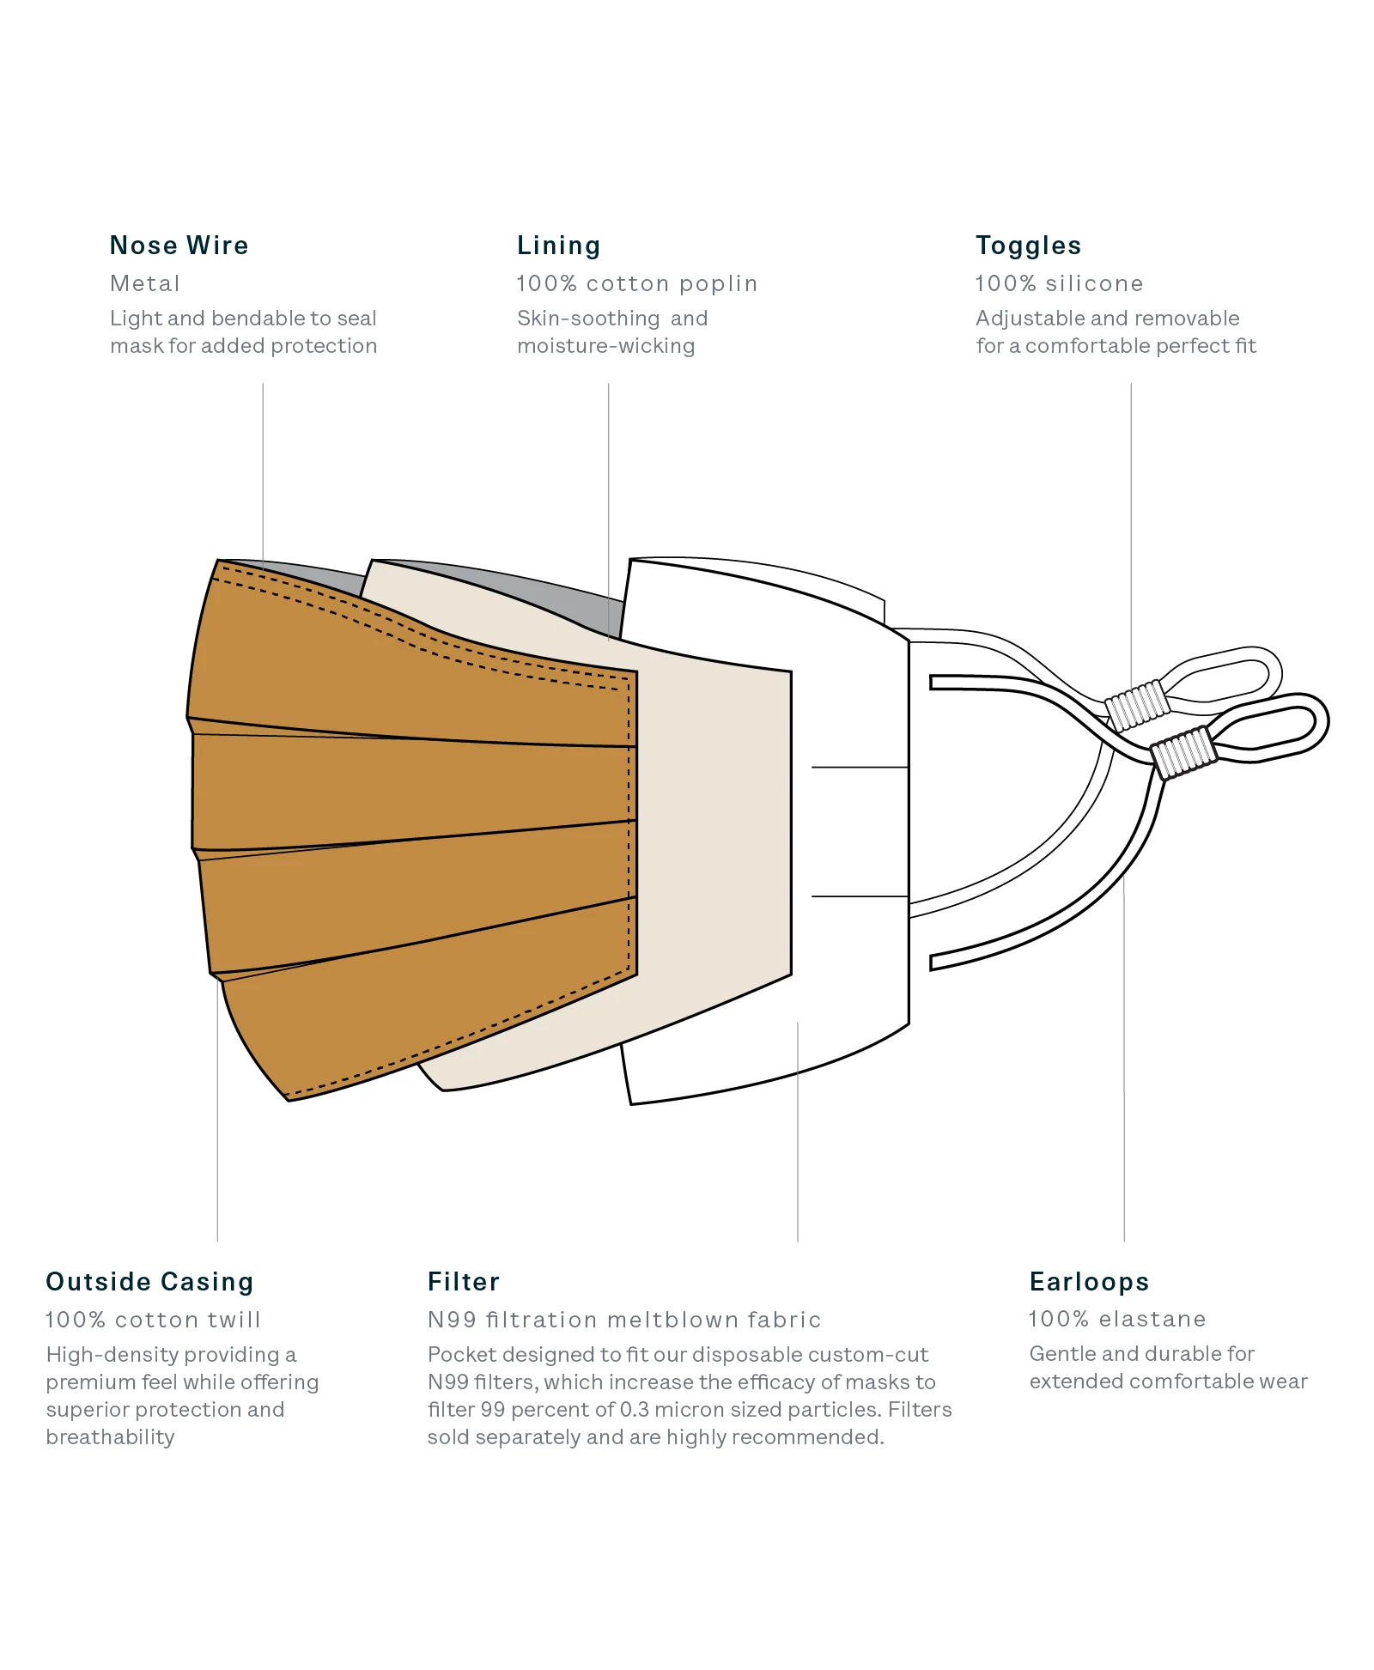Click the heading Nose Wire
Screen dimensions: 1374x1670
(x=179, y=246)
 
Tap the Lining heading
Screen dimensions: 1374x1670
(x=558, y=246)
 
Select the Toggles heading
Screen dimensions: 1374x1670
(x=1028, y=246)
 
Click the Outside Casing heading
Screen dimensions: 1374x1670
(x=149, y=1282)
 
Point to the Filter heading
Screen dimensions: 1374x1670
(x=464, y=1282)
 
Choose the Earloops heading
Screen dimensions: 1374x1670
(x=1089, y=1282)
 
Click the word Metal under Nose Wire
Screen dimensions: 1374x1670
(x=145, y=283)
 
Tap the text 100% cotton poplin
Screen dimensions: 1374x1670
(x=637, y=284)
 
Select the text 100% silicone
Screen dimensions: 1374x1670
(x=1060, y=283)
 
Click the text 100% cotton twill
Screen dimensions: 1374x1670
(x=153, y=1320)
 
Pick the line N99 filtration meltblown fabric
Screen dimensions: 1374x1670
(x=624, y=1320)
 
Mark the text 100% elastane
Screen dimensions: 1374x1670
(x=1117, y=1319)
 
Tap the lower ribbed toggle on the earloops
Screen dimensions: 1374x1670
(x=1184, y=752)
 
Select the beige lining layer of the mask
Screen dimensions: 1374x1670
(x=713, y=824)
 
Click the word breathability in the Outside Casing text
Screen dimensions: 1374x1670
(x=110, y=1437)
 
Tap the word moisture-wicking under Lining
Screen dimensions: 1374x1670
(x=605, y=346)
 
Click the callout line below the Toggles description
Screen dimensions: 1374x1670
(x=1131, y=533)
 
